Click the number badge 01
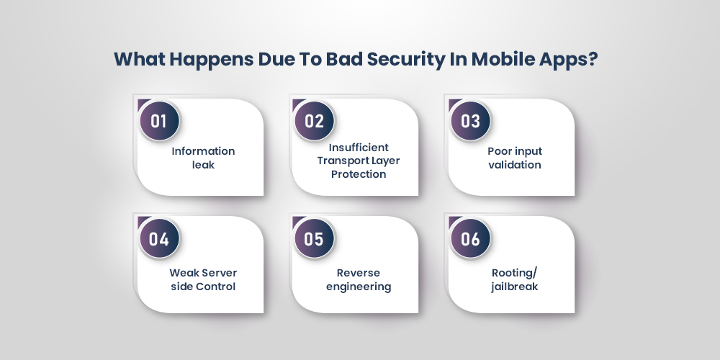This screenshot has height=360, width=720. tap(158, 120)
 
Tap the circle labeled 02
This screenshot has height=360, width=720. tap(315, 120)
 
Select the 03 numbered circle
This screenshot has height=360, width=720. tap(470, 120)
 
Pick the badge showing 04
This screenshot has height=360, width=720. tap(158, 239)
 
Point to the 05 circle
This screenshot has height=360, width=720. tap(315, 239)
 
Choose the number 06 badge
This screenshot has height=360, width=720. tap(470, 239)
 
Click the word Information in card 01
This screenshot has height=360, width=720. tap(203, 151)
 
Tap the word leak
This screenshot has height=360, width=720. tap(203, 165)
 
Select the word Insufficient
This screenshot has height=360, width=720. tap(359, 147)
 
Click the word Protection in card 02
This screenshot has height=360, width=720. tap(359, 174)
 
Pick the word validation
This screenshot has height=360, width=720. tap(514, 165)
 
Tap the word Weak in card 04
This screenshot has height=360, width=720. tap(184, 273)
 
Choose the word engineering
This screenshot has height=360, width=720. tap(359, 287)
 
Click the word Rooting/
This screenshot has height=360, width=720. tap(514, 273)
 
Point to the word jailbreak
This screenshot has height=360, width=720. tap(514, 287)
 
